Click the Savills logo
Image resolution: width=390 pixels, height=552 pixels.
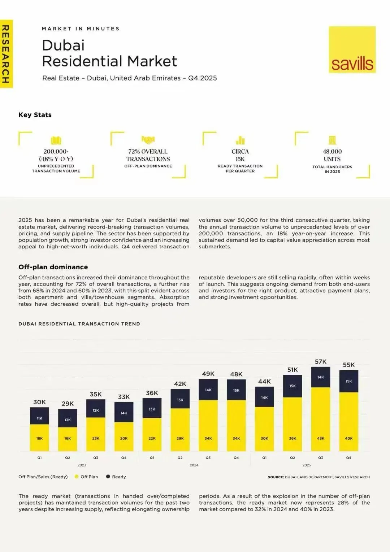pyautogui.click(x=352, y=50)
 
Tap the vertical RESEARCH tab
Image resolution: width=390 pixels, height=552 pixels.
pyautogui.click(x=6, y=54)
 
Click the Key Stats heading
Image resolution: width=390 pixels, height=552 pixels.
pyautogui.click(x=35, y=115)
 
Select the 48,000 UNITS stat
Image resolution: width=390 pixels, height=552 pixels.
pyautogui.click(x=332, y=155)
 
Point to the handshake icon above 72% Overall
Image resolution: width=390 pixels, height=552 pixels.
pyautogui.click(x=148, y=140)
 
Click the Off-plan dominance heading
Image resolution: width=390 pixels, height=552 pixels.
pyautogui.click(x=53, y=267)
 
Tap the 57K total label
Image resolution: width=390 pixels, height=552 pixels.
pyautogui.click(x=321, y=362)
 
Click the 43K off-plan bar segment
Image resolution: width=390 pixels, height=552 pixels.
pyautogui.click(x=321, y=419)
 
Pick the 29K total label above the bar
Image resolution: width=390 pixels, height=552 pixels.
pyautogui.click(x=68, y=404)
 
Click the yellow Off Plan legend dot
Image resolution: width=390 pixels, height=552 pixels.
pyautogui.click(x=77, y=477)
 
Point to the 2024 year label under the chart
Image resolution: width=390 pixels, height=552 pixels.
pyautogui.click(x=194, y=465)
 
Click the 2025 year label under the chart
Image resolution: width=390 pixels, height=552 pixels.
pyautogui.click(x=307, y=465)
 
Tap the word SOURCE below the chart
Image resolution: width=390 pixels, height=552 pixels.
pyautogui.click(x=276, y=477)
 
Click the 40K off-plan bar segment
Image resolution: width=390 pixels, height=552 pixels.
pyautogui.click(x=349, y=421)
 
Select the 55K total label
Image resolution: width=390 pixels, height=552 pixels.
pyautogui.click(x=349, y=365)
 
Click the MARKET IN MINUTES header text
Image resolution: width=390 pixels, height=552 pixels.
pyautogui.click(x=81, y=29)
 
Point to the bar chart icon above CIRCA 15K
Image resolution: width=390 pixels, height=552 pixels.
pyautogui.click(x=240, y=140)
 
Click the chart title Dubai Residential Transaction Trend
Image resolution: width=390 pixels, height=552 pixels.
pyautogui.click(x=79, y=324)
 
